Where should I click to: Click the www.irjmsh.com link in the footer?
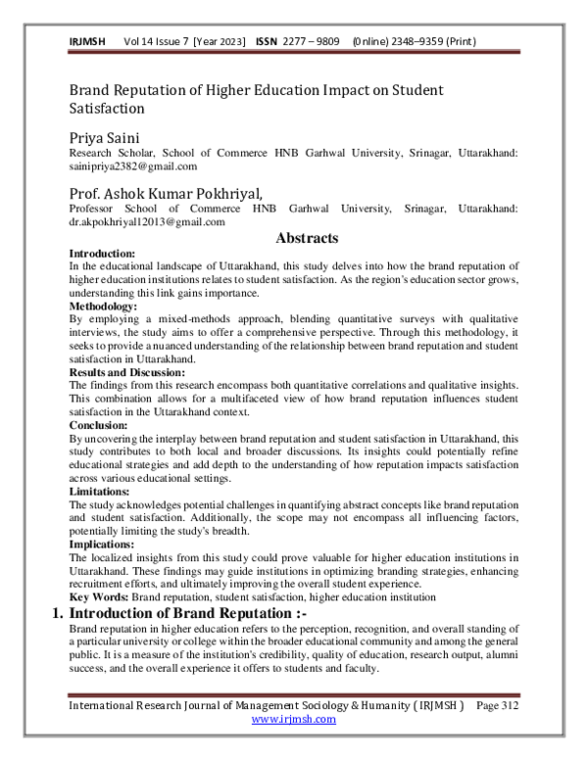(x=294, y=718)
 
